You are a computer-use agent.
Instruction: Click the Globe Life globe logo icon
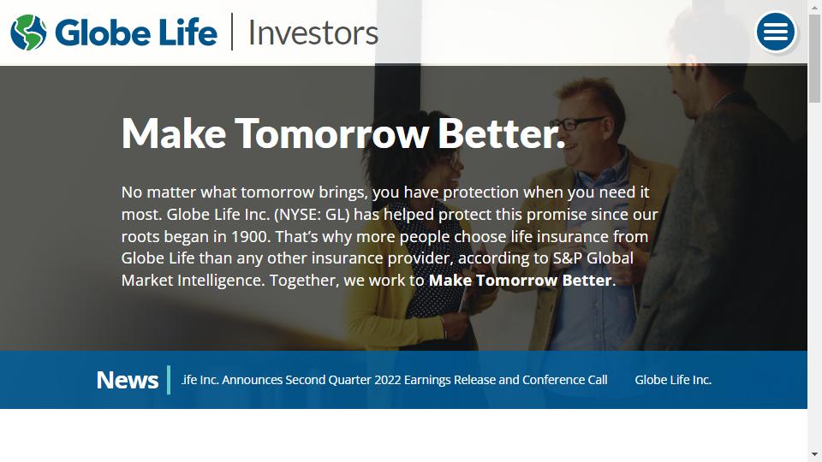(28, 33)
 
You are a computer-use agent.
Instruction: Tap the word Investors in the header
(313, 33)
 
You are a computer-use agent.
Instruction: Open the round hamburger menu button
(776, 32)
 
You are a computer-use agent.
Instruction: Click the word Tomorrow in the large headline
(332, 133)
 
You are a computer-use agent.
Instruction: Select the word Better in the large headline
(501, 133)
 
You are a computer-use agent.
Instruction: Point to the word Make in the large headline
(174, 133)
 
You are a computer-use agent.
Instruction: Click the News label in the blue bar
(128, 380)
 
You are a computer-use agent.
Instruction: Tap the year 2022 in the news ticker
(388, 380)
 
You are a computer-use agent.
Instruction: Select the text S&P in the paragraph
(567, 258)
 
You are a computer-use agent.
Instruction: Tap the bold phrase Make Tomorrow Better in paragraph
(521, 281)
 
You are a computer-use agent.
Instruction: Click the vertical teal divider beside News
(169, 380)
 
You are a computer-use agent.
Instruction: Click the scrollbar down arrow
(814, 454)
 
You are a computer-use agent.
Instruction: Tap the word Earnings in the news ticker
(427, 380)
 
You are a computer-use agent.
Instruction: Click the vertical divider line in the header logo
(232, 32)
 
